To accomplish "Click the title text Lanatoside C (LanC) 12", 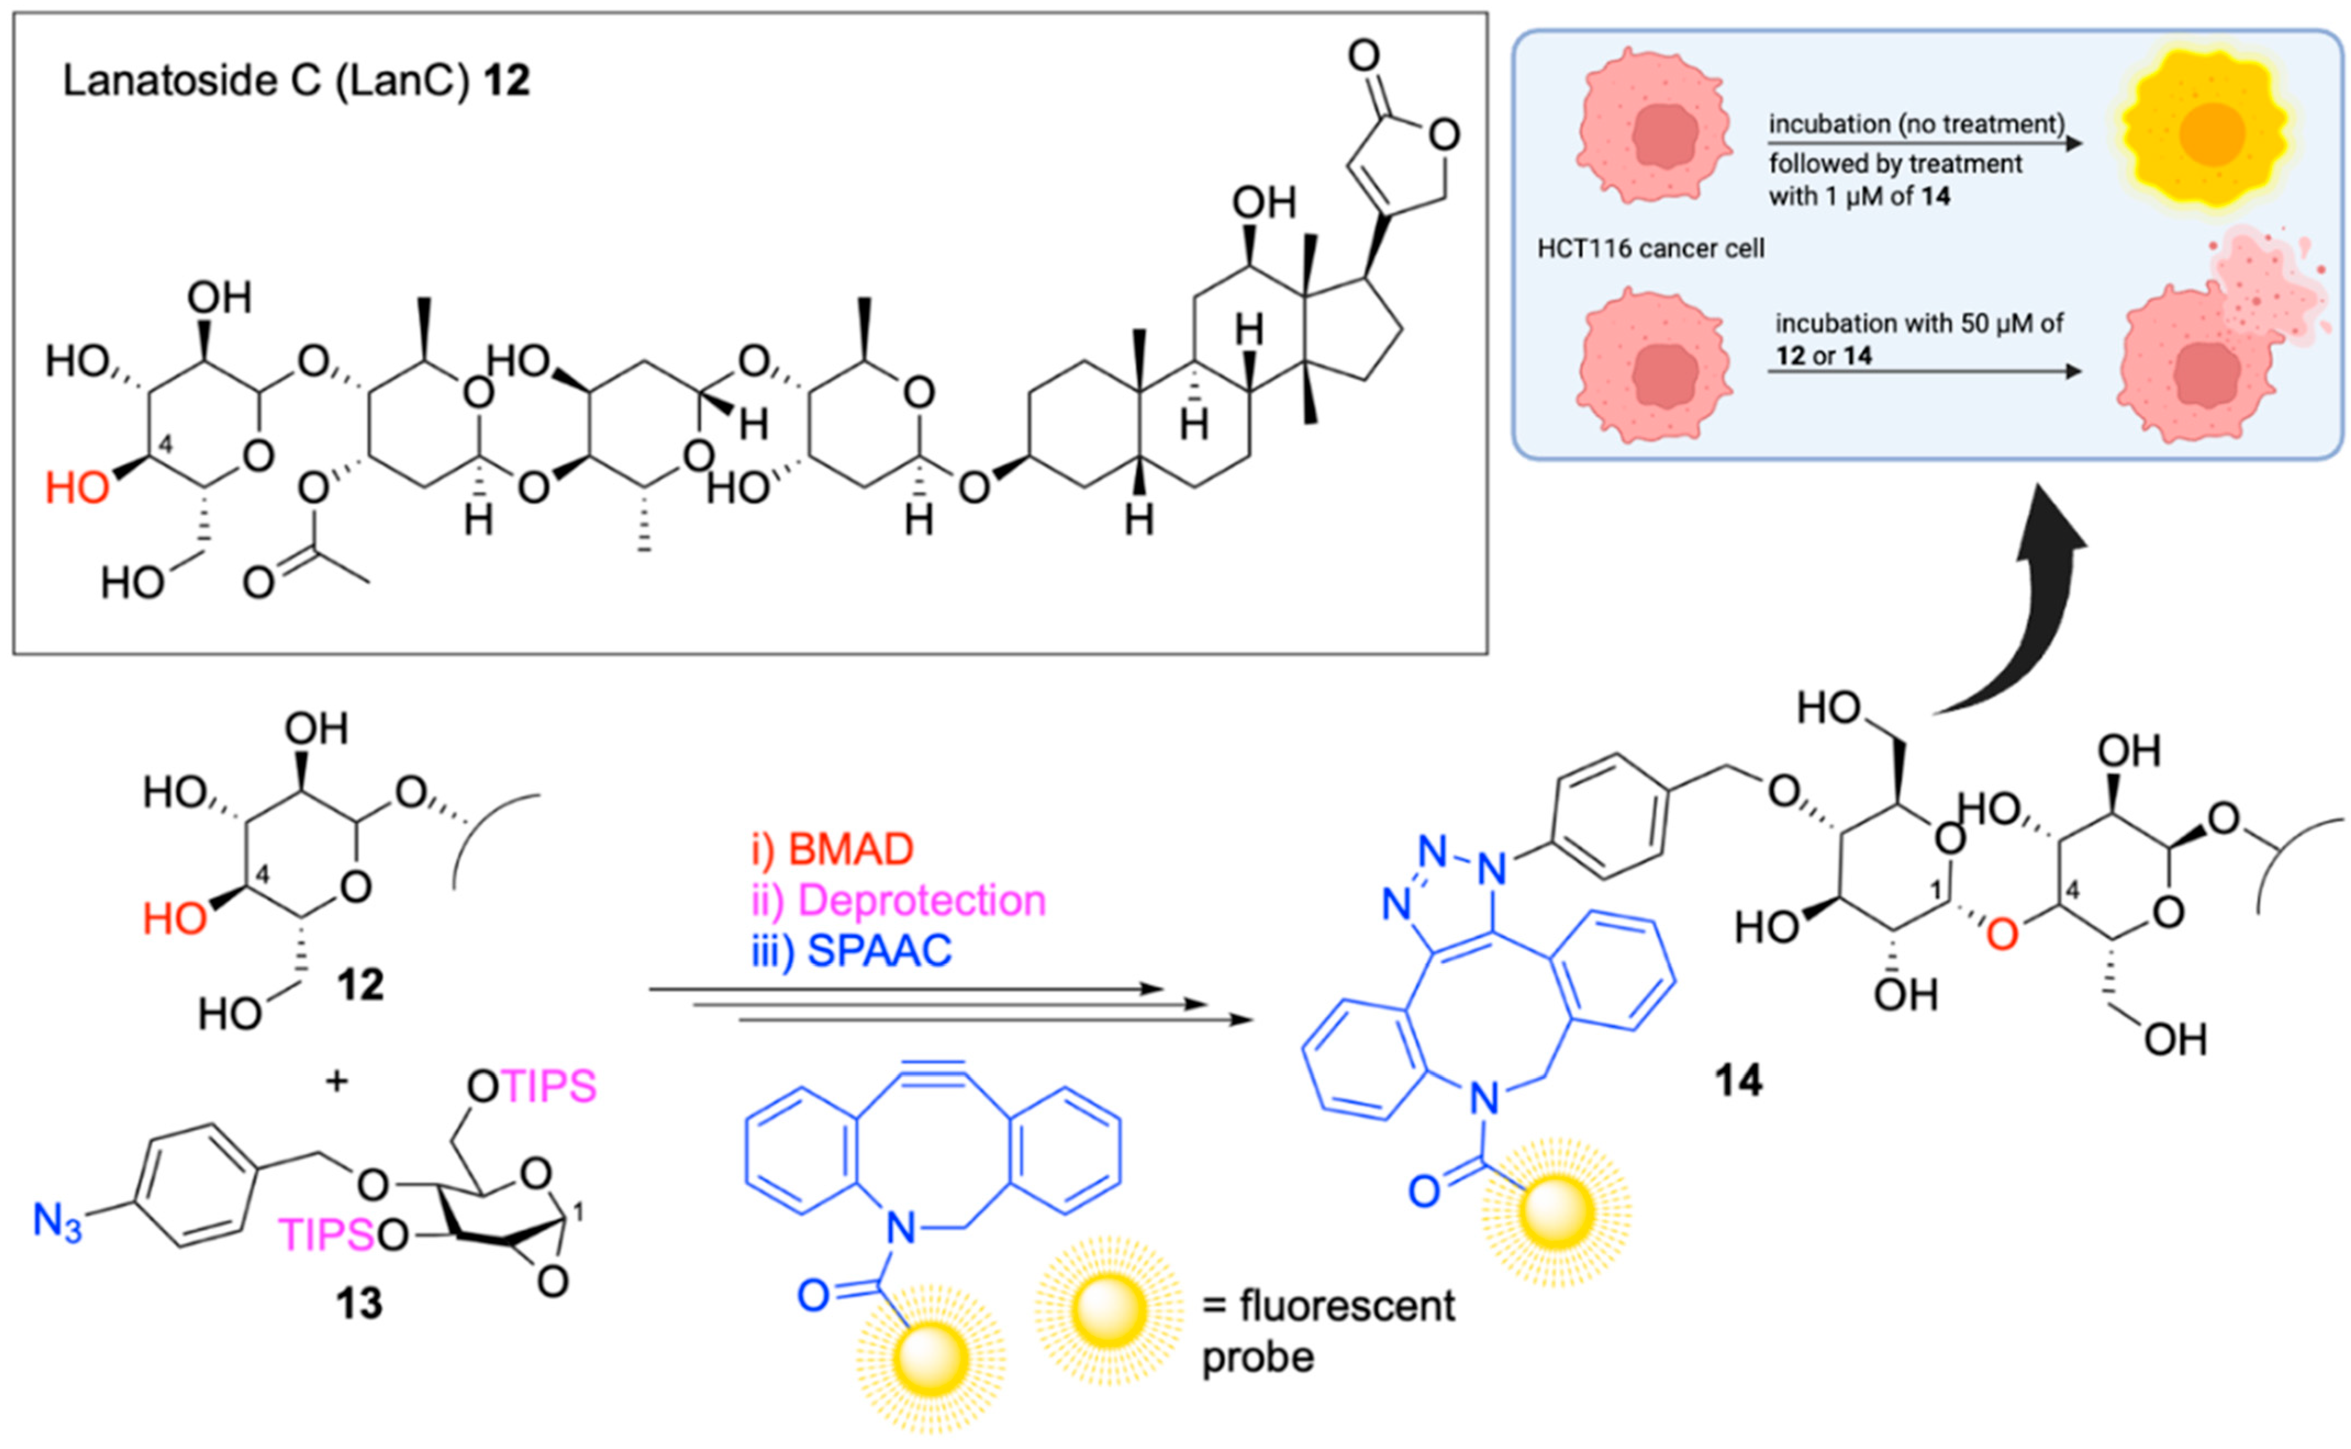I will pos(295,81).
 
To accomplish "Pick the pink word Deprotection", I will pos(920,901).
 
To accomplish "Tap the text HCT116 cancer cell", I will pos(1650,249).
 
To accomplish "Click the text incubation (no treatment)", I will pos(1916,125).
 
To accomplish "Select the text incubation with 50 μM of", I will pos(1919,324).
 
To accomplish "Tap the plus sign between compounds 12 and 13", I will pos(337,1082).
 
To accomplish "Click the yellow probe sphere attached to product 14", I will pos(1556,1212).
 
